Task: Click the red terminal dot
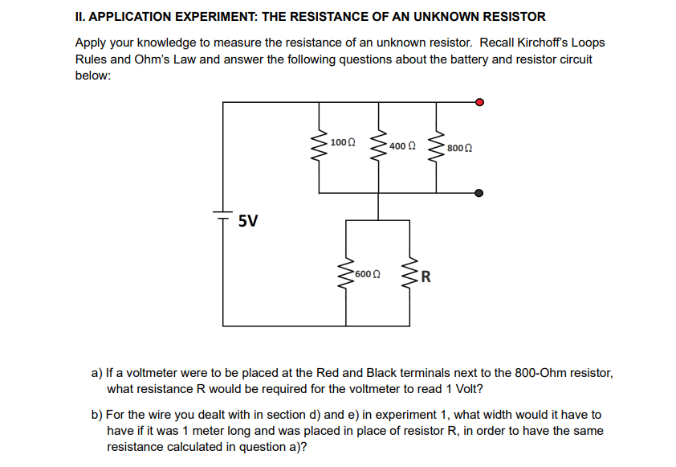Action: point(479,102)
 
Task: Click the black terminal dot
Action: point(479,193)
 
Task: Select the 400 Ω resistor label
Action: point(402,146)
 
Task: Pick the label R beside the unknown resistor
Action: point(426,279)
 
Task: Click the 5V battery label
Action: point(249,220)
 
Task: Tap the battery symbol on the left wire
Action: point(223,213)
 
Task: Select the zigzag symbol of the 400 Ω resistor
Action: point(377,147)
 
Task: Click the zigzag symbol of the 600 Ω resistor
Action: point(347,276)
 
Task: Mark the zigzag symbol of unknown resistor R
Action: point(411,276)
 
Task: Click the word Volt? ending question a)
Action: point(469,388)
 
